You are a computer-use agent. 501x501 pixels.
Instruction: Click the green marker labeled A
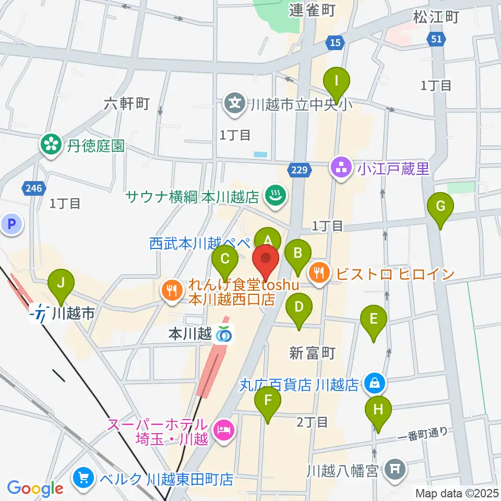(x=268, y=240)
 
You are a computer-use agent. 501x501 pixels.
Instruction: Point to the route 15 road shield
(x=335, y=42)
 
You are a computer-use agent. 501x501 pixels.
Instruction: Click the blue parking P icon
(x=13, y=224)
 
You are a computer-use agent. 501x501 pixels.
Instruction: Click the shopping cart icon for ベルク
(x=83, y=478)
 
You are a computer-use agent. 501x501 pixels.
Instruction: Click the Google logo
(x=35, y=488)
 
